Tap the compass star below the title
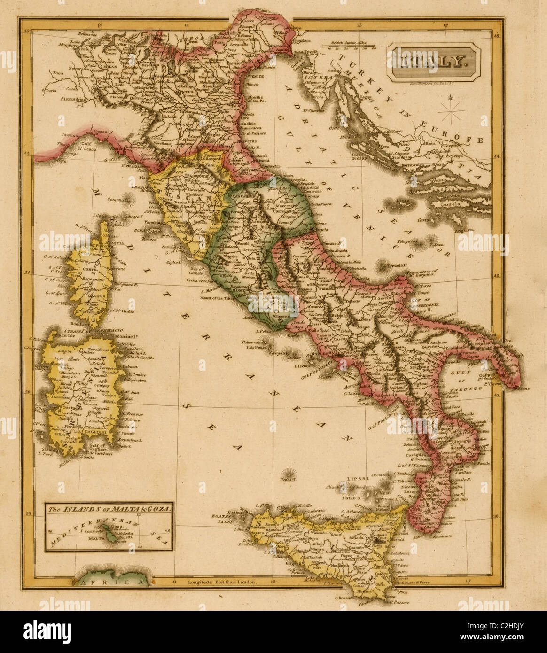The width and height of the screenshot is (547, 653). pos(450,111)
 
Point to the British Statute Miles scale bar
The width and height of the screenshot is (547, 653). pos(349,46)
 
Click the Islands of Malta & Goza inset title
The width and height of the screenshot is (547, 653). pos(109,508)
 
